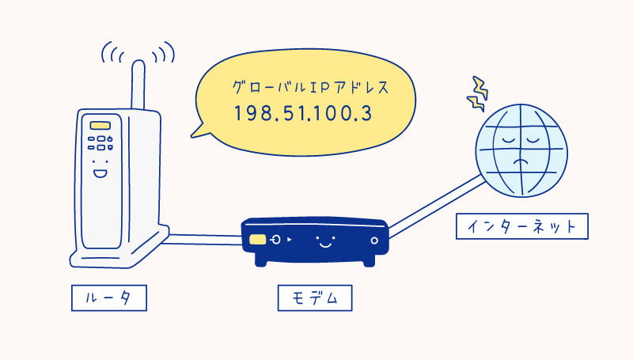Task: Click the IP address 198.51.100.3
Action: point(302,112)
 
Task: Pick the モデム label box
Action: point(314,298)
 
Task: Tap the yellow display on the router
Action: point(99,126)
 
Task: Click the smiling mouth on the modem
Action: point(323,244)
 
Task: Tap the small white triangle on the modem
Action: point(290,239)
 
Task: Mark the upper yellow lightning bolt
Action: point(477,85)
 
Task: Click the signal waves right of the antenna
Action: point(163,54)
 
